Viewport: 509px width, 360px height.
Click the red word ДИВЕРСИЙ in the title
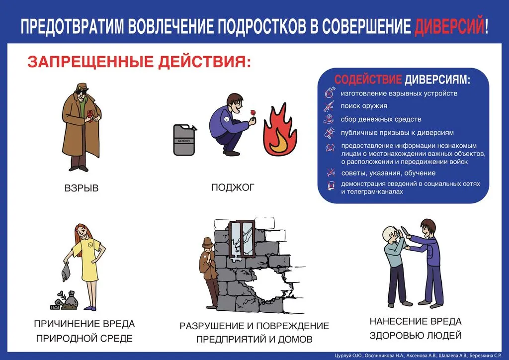pyautogui.click(x=449, y=26)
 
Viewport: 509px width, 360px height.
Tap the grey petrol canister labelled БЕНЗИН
pyautogui.click(x=185, y=140)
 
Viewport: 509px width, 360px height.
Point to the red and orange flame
pyautogui.click(x=280, y=130)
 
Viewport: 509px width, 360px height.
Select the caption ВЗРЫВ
pyautogui.click(x=82, y=188)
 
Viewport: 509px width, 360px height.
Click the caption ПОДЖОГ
pyautogui.click(x=233, y=187)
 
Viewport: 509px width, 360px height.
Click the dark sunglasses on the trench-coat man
pyautogui.click(x=80, y=91)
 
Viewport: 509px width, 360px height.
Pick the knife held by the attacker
pyautogui.click(x=405, y=231)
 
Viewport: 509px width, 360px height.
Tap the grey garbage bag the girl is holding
pyautogui.click(x=66, y=271)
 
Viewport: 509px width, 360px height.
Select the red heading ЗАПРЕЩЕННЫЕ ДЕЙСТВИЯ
pyautogui.click(x=139, y=62)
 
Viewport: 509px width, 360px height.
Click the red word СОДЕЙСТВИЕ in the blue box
pyautogui.click(x=368, y=80)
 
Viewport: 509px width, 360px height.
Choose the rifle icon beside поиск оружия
pyautogui.click(x=329, y=106)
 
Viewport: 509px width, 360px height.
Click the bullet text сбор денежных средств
pyautogui.click(x=381, y=119)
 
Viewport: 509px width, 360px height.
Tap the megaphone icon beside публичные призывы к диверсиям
pyautogui.click(x=330, y=133)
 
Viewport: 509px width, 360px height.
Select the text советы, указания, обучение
pyautogui.click(x=388, y=173)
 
